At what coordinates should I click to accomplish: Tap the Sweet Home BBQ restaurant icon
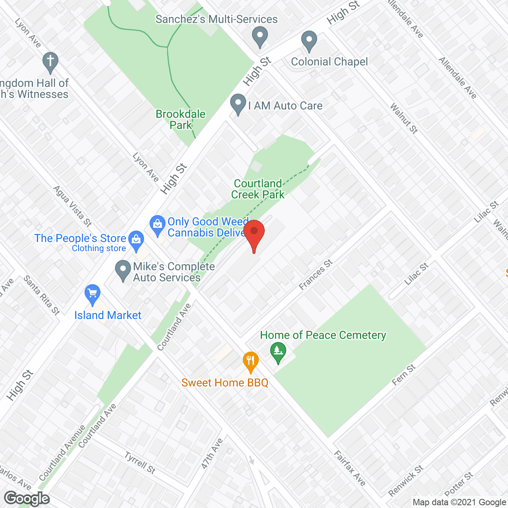[x=250, y=362]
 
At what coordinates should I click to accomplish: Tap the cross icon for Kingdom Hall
[x=50, y=62]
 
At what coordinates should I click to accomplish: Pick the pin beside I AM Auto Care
[x=238, y=104]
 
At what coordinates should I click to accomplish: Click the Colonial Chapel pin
[x=309, y=41]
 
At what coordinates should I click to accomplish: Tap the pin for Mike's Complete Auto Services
[x=123, y=270]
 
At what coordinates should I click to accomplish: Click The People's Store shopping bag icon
[x=137, y=240]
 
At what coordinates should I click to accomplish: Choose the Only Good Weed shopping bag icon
[x=158, y=225]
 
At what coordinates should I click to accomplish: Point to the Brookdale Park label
[x=181, y=119]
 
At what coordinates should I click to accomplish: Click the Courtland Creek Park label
[x=258, y=189]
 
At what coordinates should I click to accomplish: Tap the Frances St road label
[x=316, y=275]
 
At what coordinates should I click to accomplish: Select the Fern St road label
[x=404, y=375]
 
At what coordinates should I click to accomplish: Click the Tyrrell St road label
[x=140, y=463]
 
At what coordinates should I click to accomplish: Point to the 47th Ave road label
[x=212, y=454]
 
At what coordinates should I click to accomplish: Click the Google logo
[x=27, y=498]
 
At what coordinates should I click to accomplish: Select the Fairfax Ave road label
[x=349, y=468]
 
